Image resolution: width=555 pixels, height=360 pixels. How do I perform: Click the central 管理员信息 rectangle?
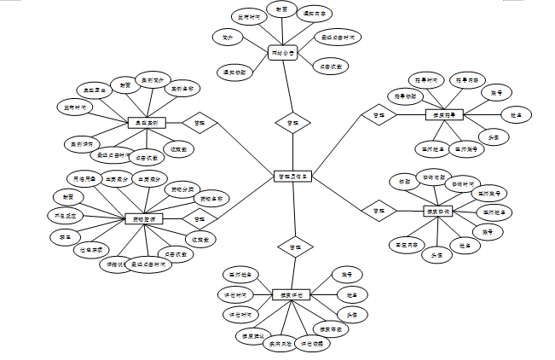(x=293, y=177)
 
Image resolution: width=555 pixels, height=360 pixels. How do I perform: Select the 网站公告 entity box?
(x=281, y=54)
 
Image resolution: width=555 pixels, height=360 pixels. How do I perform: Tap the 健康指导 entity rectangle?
(x=444, y=114)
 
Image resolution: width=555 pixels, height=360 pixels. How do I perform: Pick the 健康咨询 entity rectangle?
(x=443, y=211)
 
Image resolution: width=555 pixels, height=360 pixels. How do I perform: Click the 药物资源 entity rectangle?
(x=143, y=219)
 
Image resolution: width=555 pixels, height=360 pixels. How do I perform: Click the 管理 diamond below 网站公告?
(x=292, y=124)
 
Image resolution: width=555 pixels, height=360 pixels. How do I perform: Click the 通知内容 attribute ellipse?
(x=315, y=15)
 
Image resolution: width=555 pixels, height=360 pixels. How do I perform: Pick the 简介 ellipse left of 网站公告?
(x=228, y=38)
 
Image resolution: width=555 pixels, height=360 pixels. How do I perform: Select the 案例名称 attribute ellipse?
(x=182, y=88)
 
